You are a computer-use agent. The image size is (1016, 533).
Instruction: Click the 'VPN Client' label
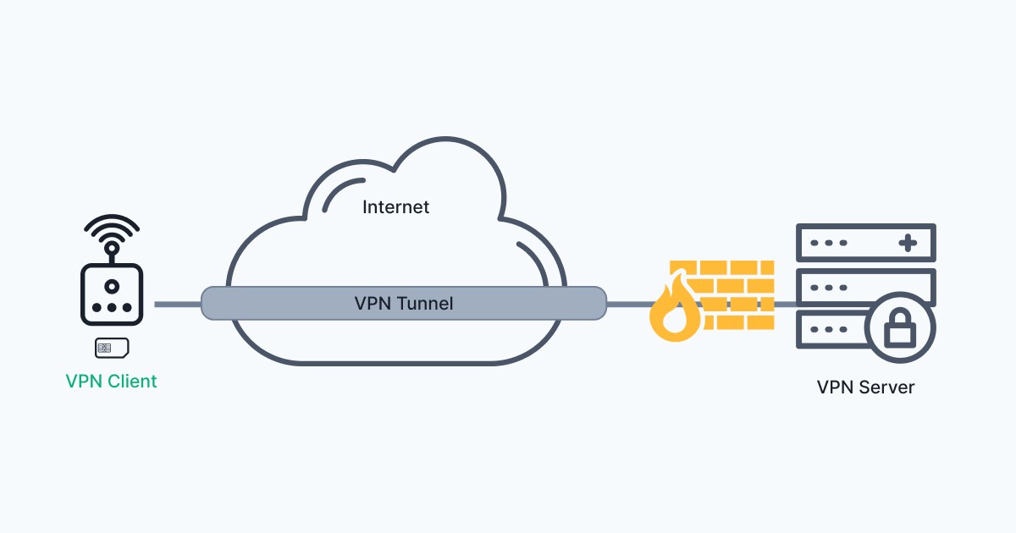pyautogui.click(x=111, y=382)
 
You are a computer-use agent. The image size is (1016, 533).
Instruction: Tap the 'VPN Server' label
pyautogui.click(x=865, y=387)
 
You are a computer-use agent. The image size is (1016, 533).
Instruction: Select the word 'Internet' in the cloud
pyautogui.click(x=395, y=206)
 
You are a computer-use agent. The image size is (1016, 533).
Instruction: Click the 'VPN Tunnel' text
pyautogui.click(x=403, y=303)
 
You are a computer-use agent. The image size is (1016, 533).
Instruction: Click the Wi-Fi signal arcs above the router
pyautogui.click(x=112, y=228)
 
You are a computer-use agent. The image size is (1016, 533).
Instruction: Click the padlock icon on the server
pyautogui.click(x=900, y=327)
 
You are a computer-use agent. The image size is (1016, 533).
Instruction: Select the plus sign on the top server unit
pyautogui.click(x=908, y=244)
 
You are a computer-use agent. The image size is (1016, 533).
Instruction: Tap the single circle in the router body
pyautogui.click(x=112, y=286)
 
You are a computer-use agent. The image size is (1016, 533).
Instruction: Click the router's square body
pyautogui.click(x=112, y=294)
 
